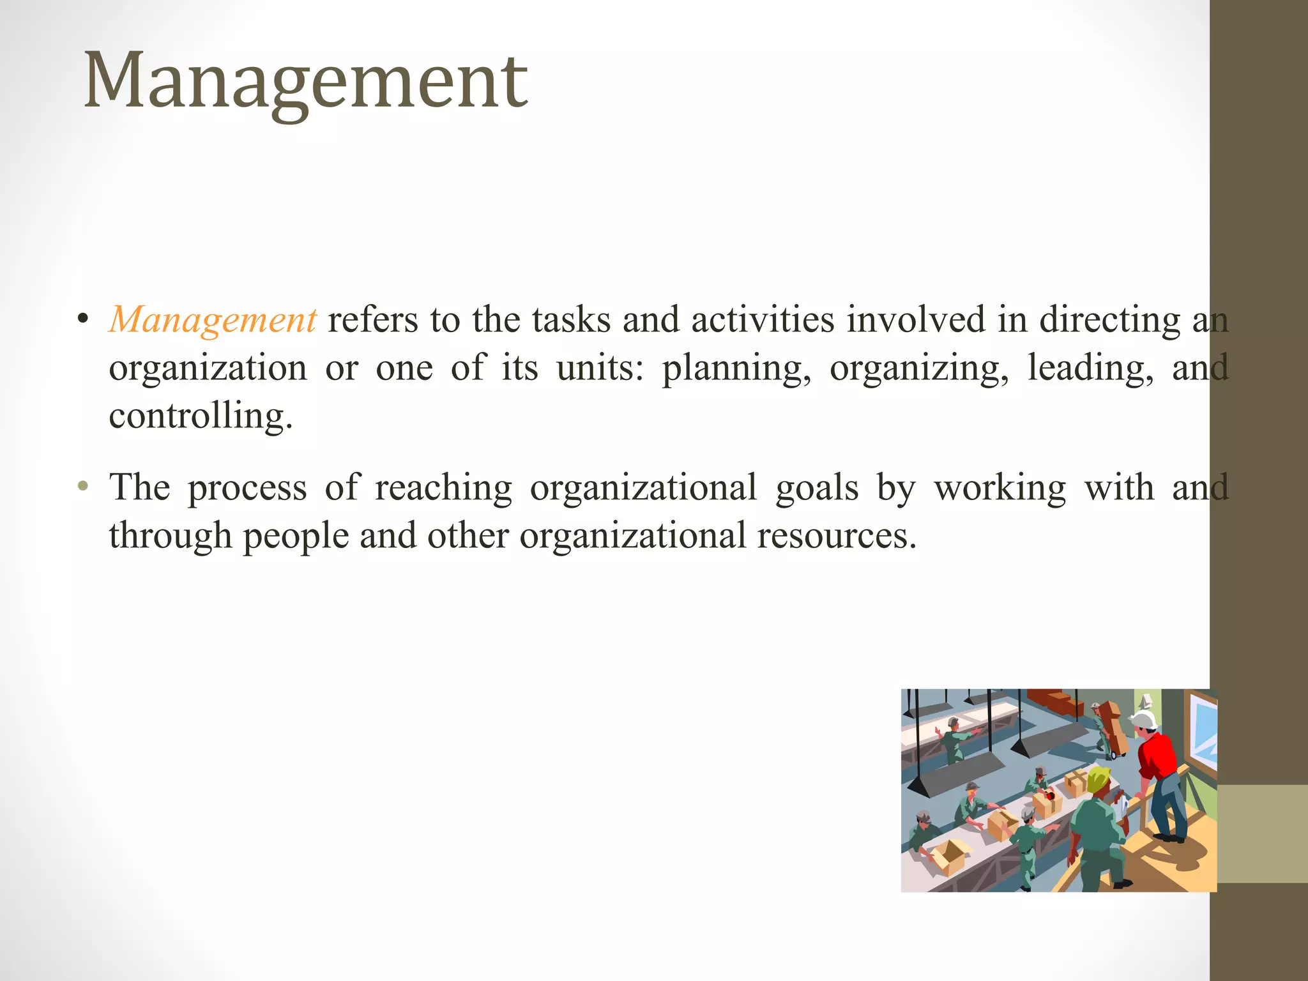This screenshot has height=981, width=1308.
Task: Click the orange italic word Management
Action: point(213,319)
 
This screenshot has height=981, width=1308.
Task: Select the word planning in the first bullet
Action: point(736,369)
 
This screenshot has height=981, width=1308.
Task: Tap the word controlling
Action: point(200,416)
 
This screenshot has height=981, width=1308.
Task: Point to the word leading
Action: point(1090,369)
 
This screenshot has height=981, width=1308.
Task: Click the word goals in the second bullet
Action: point(817,488)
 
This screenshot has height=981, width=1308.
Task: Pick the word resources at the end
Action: point(837,535)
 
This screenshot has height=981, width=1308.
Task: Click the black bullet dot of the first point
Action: point(82,319)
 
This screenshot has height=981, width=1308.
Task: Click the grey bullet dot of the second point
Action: point(82,487)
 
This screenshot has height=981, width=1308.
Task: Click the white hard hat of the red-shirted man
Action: point(1144,720)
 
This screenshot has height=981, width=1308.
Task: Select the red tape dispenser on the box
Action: point(1051,796)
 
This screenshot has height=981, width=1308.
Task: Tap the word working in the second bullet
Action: point(1000,488)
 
